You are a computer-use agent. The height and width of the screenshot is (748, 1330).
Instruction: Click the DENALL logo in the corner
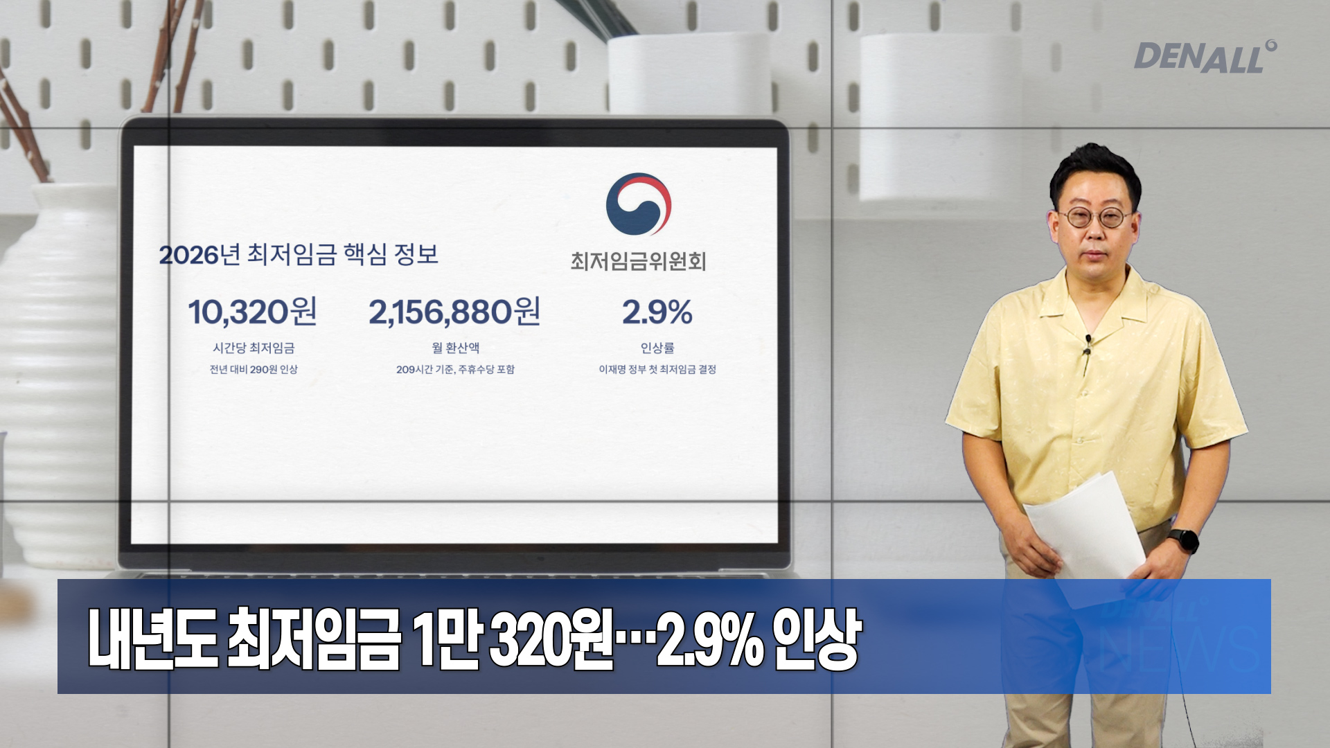1205,57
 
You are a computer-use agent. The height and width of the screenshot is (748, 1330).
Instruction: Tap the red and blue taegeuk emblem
639,204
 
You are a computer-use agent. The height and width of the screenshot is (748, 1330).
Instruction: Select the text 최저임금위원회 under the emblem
638,261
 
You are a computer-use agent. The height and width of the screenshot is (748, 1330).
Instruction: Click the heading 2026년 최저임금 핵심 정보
299,254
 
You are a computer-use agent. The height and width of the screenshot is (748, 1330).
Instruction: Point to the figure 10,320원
253,312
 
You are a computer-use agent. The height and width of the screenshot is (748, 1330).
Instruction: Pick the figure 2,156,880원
454,312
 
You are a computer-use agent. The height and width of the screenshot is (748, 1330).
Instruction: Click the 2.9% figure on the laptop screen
657,312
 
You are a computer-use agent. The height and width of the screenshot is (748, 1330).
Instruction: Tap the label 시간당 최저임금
254,348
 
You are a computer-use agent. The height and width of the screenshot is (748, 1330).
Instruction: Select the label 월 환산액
455,348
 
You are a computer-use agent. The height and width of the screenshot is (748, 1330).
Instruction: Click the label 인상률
657,348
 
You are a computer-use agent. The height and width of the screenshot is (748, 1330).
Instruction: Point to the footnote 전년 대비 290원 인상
254,369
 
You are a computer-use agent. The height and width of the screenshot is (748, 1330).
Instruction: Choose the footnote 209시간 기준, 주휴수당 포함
455,369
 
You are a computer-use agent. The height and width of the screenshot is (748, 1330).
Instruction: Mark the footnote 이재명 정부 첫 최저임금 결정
657,369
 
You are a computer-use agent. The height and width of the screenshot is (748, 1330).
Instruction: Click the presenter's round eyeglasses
1095,217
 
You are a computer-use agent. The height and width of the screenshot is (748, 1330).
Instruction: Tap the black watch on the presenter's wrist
1184,540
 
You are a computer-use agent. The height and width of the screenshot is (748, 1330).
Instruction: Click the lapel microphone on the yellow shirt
1088,346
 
